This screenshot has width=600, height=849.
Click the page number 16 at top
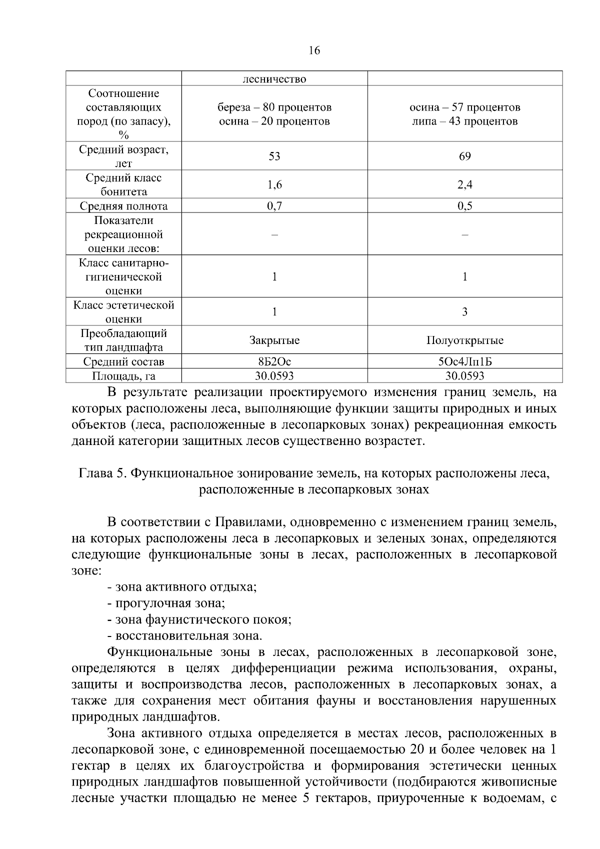tap(314, 50)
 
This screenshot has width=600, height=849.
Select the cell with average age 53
tap(274, 156)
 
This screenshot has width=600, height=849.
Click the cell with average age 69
tap(465, 156)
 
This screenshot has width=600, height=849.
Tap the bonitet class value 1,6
tap(274, 185)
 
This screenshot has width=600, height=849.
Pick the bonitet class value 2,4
tap(465, 185)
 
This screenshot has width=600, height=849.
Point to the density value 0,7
tap(274, 206)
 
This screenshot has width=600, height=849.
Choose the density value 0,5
tap(465, 206)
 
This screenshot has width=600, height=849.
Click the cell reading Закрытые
tap(274, 340)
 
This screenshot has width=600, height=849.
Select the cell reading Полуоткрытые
tap(465, 340)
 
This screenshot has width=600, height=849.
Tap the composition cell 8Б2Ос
tap(274, 362)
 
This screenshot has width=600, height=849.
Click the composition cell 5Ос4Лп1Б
tap(465, 362)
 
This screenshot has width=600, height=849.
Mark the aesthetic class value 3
tap(465, 312)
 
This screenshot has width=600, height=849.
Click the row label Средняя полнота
tap(124, 206)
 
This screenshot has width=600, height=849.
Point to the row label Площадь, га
tap(124, 376)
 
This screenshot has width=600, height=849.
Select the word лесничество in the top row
tap(274, 79)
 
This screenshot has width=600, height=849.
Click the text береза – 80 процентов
tap(274, 107)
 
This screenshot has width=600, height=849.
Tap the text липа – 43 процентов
tap(465, 121)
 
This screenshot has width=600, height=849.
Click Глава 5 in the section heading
tap(103, 473)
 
